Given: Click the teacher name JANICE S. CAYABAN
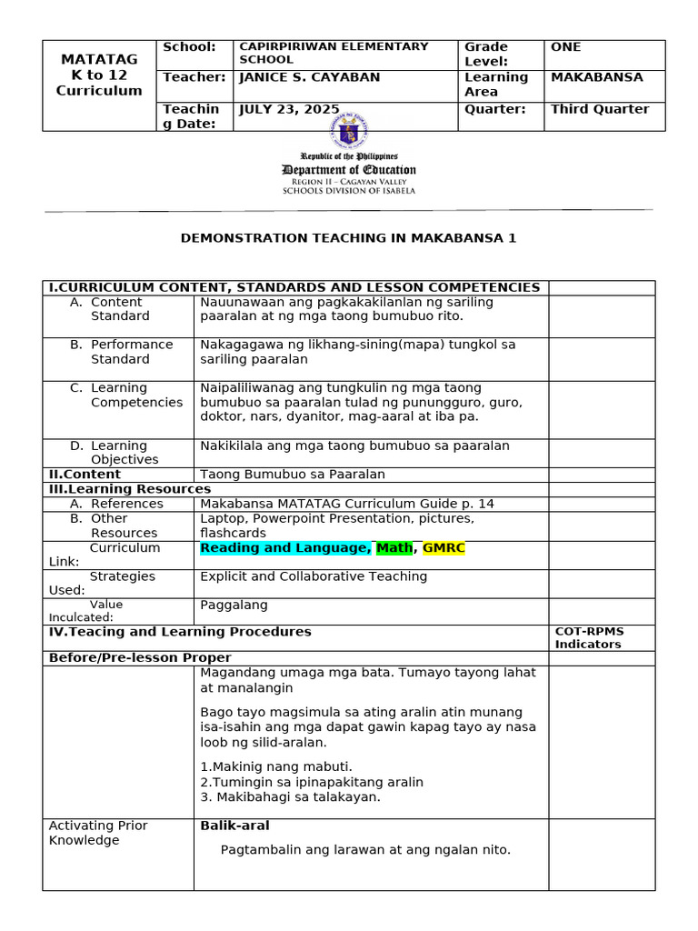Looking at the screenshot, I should [x=309, y=78].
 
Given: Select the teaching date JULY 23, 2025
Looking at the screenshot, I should [x=288, y=109].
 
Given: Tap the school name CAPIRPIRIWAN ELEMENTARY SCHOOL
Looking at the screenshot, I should [x=332, y=53].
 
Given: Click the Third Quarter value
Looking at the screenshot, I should [x=600, y=109].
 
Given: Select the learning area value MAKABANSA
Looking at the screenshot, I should [x=596, y=77].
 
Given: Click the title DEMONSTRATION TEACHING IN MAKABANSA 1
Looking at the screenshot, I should [x=348, y=238].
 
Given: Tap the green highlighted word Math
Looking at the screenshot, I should [x=394, y=548].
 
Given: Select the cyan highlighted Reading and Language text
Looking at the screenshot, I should [x=285, y=548].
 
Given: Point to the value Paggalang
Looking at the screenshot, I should [x=234, y=605].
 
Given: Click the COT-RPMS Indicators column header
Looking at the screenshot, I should [x=589, y=637].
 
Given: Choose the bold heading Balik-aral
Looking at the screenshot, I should [x=234, y=826].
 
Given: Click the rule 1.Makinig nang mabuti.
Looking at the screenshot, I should [x=275, y=766].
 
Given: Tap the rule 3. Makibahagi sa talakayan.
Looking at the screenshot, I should [x=290, y=797].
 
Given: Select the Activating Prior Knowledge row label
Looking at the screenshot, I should [x=97, y=833].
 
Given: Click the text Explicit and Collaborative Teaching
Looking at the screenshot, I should [x=313, y=576].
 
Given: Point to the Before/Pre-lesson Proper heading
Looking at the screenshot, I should [x=140, y=657].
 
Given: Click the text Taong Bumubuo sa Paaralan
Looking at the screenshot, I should [x=293, y=475].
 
